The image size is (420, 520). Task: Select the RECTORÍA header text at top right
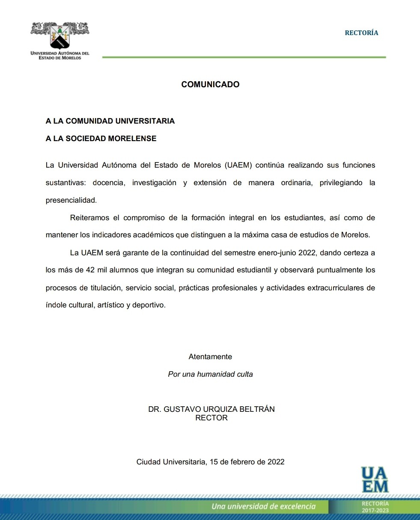(x=361, y=33)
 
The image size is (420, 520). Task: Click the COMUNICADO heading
(x=210, y=85)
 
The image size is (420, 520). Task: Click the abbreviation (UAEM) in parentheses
(x=238, y=165)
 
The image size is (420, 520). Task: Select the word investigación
(x=154, y=183)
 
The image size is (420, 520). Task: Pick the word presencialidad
(x=71, y=200)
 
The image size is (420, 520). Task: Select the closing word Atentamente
(x=210, y=357)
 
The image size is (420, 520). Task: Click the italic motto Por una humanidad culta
(x=210, y=374)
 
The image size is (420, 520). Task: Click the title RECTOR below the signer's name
(x=211, y=418)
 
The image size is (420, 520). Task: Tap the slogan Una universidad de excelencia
(x=263, y=507)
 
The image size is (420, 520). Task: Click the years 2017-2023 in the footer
(x=375, y=511)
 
